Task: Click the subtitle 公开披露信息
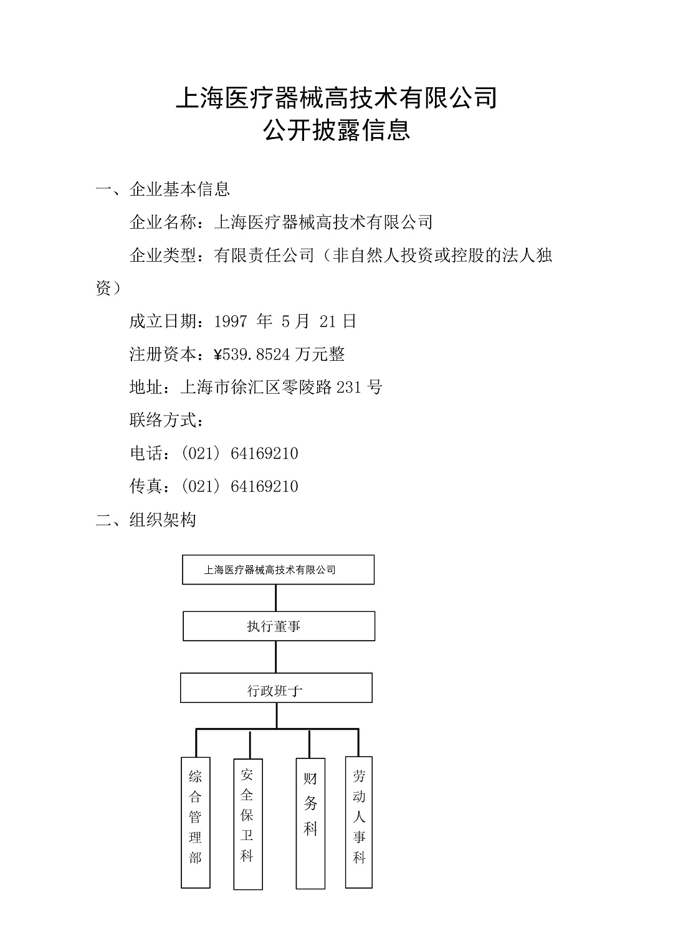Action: point(336,130)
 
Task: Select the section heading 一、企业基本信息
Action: point(163,189)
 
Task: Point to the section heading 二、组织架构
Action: point(146,520)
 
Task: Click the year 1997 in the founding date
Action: point(231,322)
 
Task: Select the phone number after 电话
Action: point(239,454)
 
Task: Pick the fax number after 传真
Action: point(239,486)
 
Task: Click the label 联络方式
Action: point(163,420)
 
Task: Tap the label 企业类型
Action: point(163,255)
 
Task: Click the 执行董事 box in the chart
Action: point(279,626)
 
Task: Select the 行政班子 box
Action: point(277,687)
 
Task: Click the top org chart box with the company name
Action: point(278,570)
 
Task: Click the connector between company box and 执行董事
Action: point(276,598)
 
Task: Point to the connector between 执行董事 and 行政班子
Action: point(276,657)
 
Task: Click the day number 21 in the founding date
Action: point(328,322)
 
